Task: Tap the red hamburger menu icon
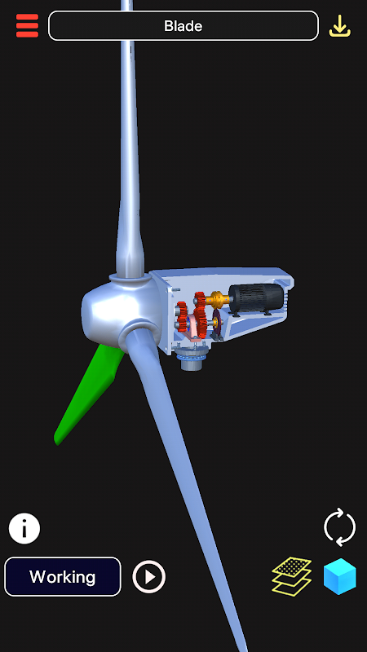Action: pyautogui.click(x=27, y=26)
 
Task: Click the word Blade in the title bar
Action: pyautogui.click(x=183, y=26)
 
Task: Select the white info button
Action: pyautogui.click(x=24, y=528)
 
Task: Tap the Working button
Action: pyautogui.click(x=63, y=577)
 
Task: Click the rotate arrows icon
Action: pyautogui.click(x=339, y=527)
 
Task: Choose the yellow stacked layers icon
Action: pyautogui.click(x=292, y=576)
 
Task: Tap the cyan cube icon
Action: pyautogui.click(x=340, y=576)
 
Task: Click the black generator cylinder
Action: pyautogui.click(x=256, y=297)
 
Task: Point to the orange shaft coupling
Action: pyautogui.click(x=217, y=299)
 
